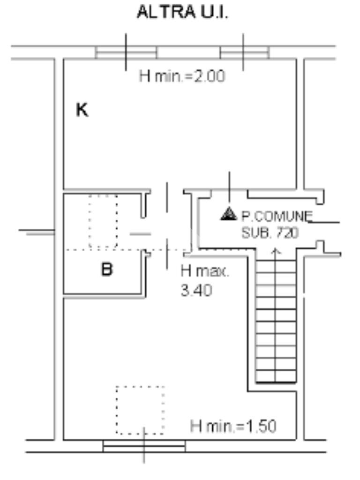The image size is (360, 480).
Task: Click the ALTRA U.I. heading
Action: [182, 13]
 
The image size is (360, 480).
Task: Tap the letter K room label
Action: [82, 110]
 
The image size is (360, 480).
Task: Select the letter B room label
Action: [107, 270]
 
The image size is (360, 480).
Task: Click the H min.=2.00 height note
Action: [182, 76]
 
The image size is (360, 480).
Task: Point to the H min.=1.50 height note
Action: [233, 426]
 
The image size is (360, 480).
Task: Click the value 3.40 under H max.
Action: [196, 290]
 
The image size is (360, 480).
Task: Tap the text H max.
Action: [205, 271]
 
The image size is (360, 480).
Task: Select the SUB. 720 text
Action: [270, 233]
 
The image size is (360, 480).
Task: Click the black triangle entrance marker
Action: [229, 214]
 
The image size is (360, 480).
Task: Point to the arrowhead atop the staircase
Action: [276, 251]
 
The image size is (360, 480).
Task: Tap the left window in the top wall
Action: [126, 52]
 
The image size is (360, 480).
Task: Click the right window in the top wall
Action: [245, 52]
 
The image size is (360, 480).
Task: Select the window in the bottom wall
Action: [144, 446]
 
